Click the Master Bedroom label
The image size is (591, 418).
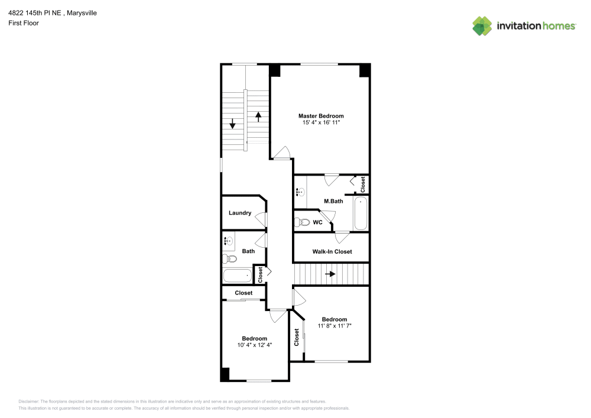click(x=321, y=116)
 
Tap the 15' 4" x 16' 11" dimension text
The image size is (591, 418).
click(x=321, y=122)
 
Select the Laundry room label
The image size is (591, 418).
click(x=240, y=213)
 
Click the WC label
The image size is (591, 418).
click(x=317, y=222)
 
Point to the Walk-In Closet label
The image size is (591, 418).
click(x=332, y=251)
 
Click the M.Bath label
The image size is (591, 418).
click(x=333, y=201)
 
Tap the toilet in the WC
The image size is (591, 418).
click(x=302, y=222)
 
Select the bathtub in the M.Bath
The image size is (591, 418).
click(x=361, y=213)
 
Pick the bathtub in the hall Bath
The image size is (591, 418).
click(x=238, y=276)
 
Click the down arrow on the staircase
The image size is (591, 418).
click(x=232, y=124)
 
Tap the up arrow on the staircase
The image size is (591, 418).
click(x=258, y=117)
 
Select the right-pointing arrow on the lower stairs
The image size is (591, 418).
click(x=330, y=274)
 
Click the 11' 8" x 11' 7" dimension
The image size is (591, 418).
click(x=335, y=326)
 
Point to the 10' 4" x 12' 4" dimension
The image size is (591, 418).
click(x=254, y=345)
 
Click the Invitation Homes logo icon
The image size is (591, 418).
click(x=482, y=26)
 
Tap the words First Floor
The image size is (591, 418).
click(x=24, y=23)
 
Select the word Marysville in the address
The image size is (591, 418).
click(x=82, y=13)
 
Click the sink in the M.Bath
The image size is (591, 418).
click(x=300, y=192)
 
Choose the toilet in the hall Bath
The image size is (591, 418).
click(x=229, y=259)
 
